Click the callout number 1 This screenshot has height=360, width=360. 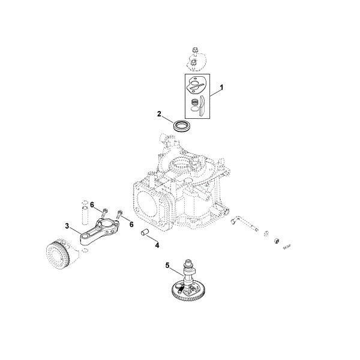(x=221, y=88)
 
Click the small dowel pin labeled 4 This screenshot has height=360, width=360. (x=145, y=231)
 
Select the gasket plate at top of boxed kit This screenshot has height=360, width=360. (x=195, y=85)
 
